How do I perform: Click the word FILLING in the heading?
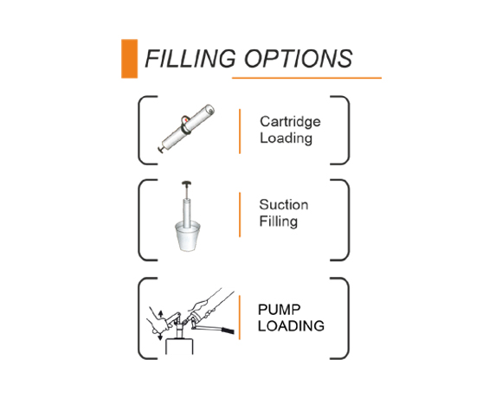pos(190,59)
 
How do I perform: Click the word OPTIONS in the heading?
pos(299,59)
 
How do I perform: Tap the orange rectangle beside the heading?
pos(129,59)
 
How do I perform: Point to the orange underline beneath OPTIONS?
pos(306,78)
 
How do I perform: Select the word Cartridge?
pos(290,122)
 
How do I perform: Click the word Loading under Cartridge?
pos(286,138)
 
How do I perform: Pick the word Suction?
pos(284,205)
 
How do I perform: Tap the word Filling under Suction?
pos(278,221)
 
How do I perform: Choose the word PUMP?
pos(280,310)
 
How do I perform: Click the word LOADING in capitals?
pos(291,326)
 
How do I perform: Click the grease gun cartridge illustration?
pos(186,129)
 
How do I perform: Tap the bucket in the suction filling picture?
pos(187,237)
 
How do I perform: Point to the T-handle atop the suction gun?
pos(186,183)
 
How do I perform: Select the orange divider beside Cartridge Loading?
pos(240,132)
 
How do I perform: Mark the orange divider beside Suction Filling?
pos(240,215)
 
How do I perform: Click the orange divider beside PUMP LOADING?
pos(240,318)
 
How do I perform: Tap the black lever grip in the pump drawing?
pos(228,331)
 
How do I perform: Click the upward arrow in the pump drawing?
pos(161,313)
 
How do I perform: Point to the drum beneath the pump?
pos(179,347)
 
